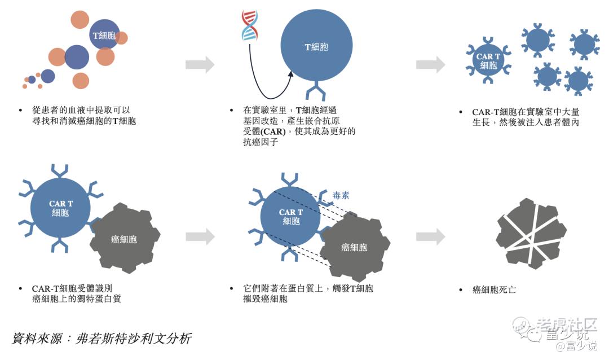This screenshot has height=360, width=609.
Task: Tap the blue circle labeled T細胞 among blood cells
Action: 104,35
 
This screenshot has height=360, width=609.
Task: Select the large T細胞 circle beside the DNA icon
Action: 316,47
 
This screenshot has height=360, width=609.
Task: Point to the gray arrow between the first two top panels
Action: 200,64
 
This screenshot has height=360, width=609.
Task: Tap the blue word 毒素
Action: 340,195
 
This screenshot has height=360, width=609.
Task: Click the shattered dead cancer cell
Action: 531,232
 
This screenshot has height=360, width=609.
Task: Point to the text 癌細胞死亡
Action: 494,289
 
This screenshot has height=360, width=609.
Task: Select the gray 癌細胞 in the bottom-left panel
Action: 124,239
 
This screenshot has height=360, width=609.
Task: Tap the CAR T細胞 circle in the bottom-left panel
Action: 60,208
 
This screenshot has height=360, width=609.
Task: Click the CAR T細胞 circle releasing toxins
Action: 291,216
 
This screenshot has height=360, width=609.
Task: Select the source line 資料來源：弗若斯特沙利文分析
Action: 101,339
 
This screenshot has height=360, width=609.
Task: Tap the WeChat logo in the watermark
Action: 522,326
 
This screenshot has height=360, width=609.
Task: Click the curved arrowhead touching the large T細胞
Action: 289,75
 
